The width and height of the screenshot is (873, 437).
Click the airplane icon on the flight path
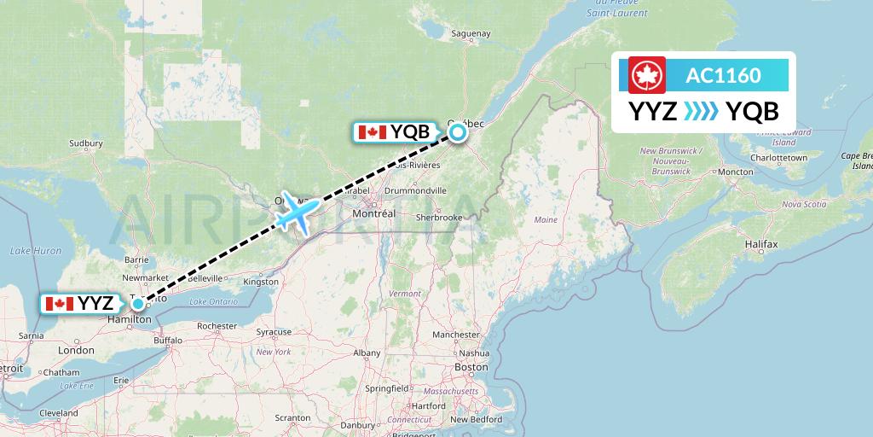click(297, 211)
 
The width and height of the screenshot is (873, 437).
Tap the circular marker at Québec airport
click(459, 131)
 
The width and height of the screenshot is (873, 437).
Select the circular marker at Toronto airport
click(137, 303)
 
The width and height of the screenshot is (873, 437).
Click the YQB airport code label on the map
click(410, 132)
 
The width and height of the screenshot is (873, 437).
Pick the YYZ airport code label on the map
click(95, 304)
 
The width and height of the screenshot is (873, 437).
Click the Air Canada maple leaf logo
click(645, 75)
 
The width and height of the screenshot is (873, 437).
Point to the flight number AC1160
click(723, 75)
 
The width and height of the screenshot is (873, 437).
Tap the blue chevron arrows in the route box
click(701, 112)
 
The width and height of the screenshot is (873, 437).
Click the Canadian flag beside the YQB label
click(372, 132)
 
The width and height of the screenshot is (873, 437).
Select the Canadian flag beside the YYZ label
click(59, 304)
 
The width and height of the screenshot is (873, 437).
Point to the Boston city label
click(471, 367)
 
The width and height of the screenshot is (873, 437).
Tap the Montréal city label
click(376, 213)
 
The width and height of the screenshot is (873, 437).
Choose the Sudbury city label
click(85, 143)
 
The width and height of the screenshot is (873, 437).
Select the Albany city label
click(367, 352)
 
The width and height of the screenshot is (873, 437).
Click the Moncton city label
click(735, 172)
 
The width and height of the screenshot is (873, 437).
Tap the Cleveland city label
click(59, 412)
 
